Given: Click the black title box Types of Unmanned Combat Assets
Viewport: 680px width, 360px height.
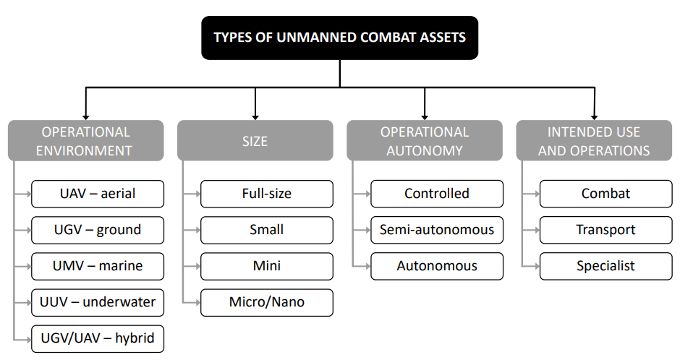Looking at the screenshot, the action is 339,38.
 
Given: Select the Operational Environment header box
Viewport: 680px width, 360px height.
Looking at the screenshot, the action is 86,141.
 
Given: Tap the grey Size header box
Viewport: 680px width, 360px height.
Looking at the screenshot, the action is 255,141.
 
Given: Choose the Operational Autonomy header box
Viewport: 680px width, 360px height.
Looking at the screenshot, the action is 425,141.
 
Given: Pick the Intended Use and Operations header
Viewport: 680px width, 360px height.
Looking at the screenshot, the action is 594,141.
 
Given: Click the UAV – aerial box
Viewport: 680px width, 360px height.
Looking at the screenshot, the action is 98,194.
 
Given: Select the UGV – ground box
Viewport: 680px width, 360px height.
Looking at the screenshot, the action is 98,230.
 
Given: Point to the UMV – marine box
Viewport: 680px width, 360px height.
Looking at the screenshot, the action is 98,266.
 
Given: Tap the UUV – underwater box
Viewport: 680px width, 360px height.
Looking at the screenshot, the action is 98,302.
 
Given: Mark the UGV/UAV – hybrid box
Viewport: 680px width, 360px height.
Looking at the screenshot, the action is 98,338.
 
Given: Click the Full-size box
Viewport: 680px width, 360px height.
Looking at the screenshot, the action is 267,194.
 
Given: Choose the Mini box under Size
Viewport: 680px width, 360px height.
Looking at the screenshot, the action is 267,266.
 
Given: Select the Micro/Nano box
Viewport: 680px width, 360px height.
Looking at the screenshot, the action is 267,302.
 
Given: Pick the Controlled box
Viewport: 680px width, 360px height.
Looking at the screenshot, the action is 437,194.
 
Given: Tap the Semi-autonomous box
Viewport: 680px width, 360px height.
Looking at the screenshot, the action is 437,230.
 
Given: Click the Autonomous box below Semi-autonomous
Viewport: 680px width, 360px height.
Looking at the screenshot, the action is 437,266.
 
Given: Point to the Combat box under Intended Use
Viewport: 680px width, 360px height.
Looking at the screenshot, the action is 605,194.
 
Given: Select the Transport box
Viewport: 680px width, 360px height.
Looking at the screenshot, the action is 605,230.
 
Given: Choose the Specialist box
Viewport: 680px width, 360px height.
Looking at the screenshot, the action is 605,266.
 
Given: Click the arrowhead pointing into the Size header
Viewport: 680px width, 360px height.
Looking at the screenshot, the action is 255,117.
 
